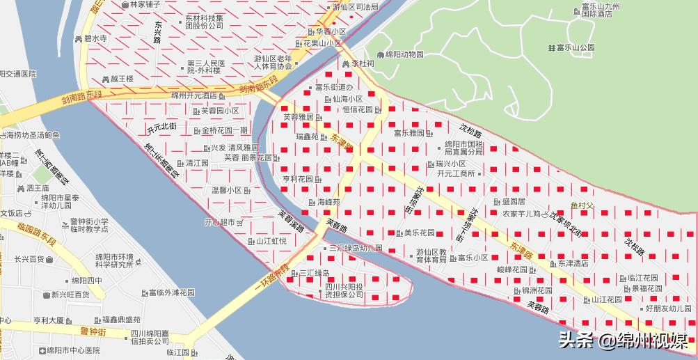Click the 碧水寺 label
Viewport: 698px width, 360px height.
point(95,39)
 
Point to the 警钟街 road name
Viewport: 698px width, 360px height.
point(93,331)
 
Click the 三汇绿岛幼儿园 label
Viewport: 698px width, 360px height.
point(356,248)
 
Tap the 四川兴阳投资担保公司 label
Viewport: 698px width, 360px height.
point(344,290)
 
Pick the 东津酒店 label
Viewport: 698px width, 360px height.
point(573,263)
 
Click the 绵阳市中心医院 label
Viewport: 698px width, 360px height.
point(69,350)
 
